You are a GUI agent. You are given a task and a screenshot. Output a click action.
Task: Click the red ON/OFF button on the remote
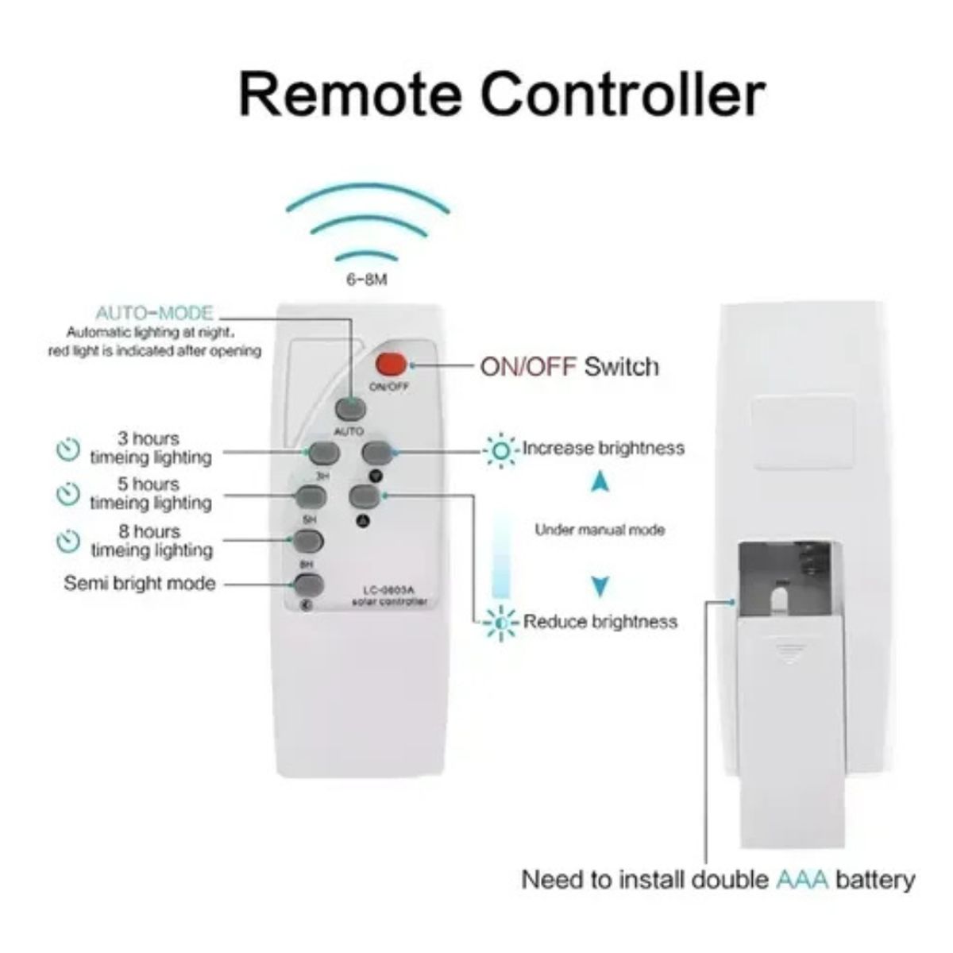point(391,365)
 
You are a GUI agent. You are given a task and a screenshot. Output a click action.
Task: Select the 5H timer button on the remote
point(311,498)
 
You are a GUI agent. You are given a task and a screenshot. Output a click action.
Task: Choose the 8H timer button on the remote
point(308,542)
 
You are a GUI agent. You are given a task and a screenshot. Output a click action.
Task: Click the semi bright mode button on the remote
point(308,586)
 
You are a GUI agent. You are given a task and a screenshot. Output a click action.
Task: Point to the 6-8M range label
point(367,282)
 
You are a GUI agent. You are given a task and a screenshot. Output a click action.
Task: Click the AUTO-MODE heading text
point(154,313)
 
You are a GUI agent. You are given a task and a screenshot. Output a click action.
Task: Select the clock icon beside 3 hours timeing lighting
point(68,449)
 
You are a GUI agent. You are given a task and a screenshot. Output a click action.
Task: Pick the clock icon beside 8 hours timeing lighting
point(68,542)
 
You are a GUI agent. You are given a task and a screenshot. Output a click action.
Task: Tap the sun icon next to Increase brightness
point(501,449)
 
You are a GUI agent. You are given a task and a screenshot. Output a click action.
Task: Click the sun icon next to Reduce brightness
point(501,622)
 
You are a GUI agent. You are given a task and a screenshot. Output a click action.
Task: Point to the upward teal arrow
point(600,481)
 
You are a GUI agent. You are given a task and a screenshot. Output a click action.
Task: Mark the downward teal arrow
point(600,587)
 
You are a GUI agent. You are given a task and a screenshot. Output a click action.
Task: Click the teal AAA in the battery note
point(799,880)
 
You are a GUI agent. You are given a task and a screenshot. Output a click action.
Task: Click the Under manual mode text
point(600,530)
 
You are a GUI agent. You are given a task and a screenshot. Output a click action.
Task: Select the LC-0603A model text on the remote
point(389,590)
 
